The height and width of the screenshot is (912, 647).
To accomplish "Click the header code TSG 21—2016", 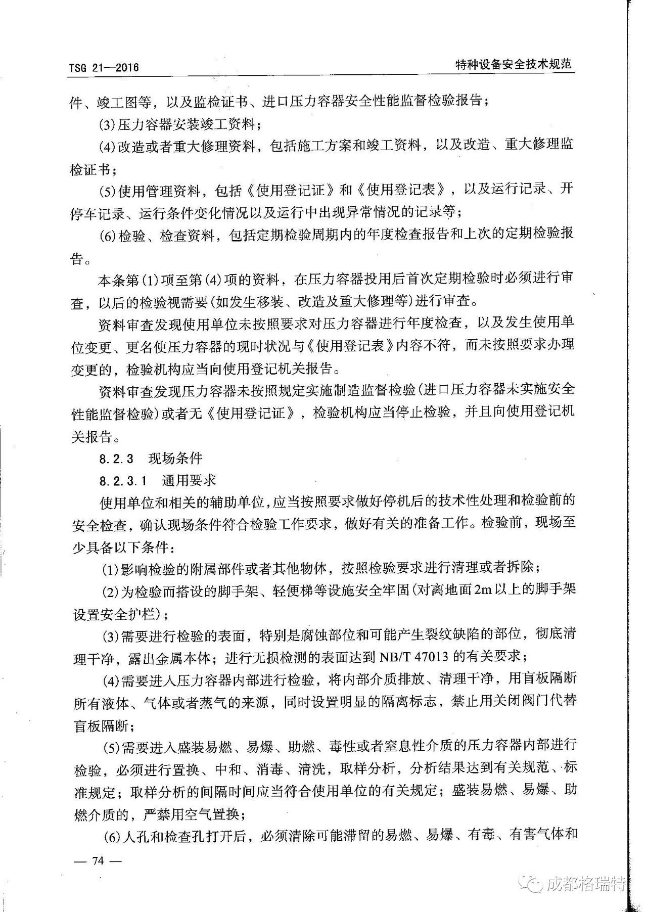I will pyautogui.click(x=104, y=68).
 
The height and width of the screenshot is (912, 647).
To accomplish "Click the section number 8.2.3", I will pyautogui.click(x=116, y=459).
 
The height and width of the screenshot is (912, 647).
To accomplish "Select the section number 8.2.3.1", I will pyautogui.click(x=123, y=480).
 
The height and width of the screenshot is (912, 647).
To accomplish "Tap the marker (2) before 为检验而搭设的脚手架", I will pyautogui.click(x=111, y=591).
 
